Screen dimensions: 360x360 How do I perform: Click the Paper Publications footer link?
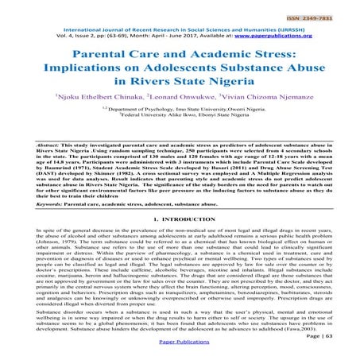pyautogui.click(x=179, y=349)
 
